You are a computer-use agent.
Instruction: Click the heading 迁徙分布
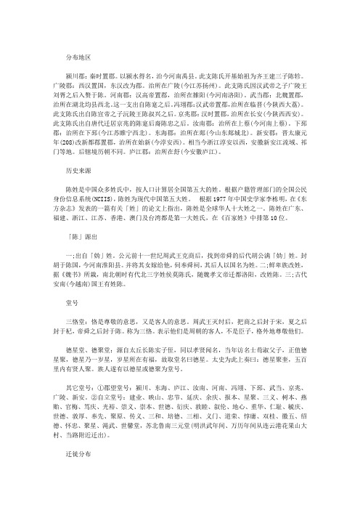click(80, 472)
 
